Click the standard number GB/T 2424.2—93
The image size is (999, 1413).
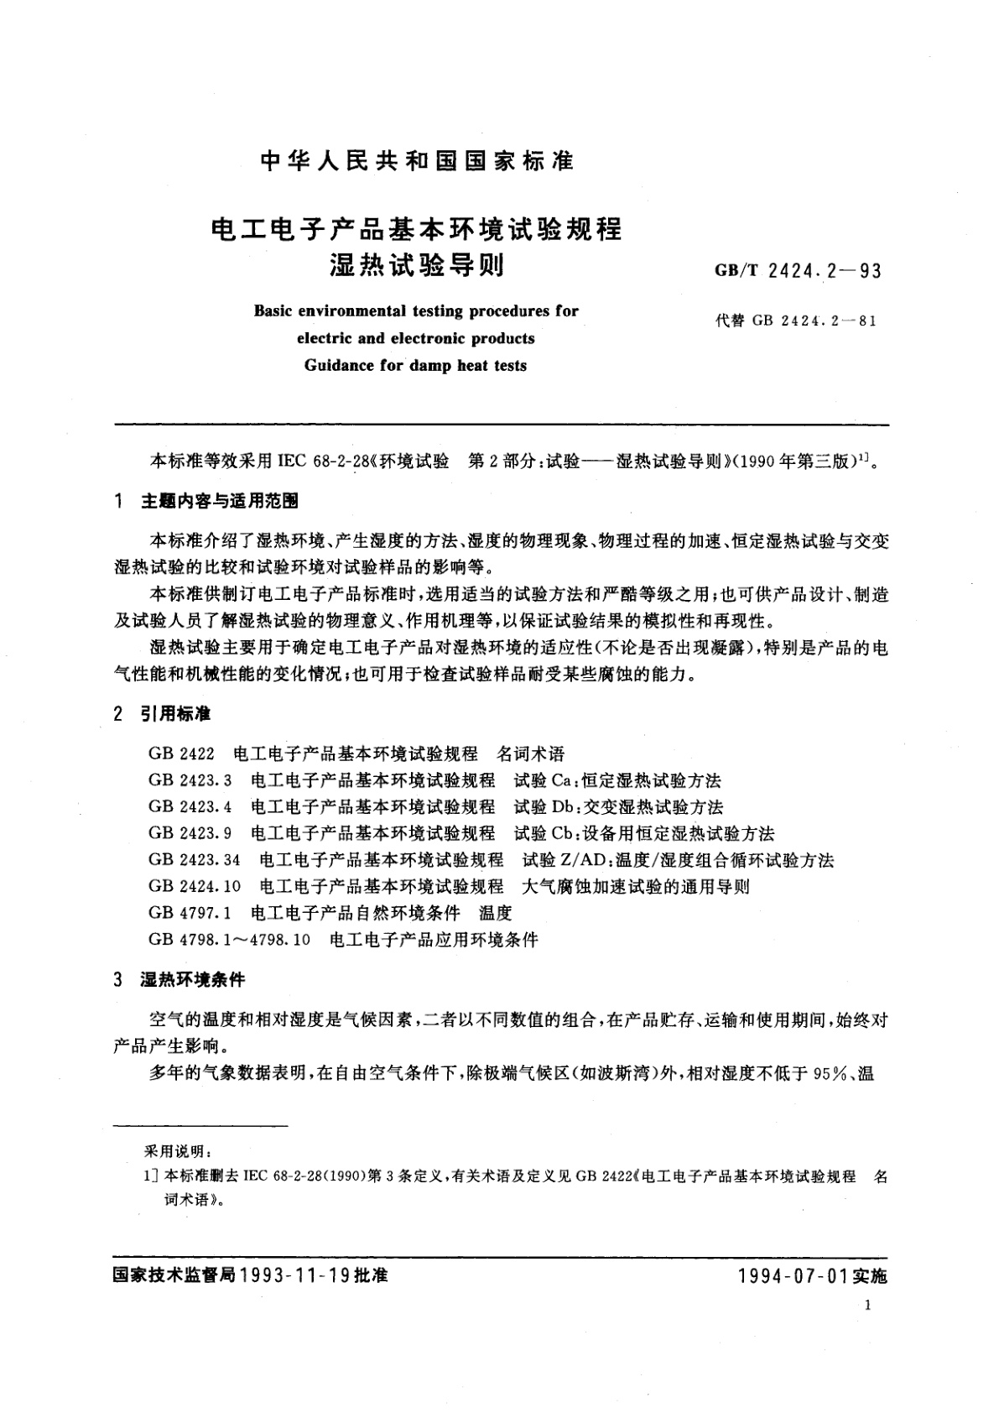point(798,271)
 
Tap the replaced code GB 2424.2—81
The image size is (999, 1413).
point(796,320)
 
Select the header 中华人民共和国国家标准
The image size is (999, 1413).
point(417,161)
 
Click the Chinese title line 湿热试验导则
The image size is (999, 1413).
point(416,265)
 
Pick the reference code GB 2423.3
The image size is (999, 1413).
point(190,780)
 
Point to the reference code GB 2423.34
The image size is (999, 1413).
point(195,860)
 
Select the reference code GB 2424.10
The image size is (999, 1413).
point(195,886)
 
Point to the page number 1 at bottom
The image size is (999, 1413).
point(867,1306)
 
